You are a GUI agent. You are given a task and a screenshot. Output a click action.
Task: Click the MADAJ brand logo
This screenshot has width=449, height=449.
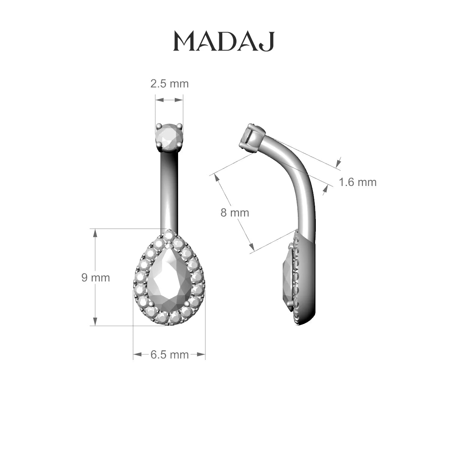tap(224, 42)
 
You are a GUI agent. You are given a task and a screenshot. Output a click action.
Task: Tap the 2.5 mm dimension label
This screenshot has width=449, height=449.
tap(169, 84)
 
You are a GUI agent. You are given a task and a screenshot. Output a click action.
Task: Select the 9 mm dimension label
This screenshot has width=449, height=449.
tap(95, 278)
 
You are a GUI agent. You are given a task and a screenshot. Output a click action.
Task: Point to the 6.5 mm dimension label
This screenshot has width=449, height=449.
tap(169, 355)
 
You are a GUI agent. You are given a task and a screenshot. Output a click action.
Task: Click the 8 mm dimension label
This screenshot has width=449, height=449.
tap(235, 213)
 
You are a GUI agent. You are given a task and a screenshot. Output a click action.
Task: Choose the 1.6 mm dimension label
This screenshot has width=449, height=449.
tap(358, 182)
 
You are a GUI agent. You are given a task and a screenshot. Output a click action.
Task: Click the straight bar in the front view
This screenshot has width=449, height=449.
tap(169, 191)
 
